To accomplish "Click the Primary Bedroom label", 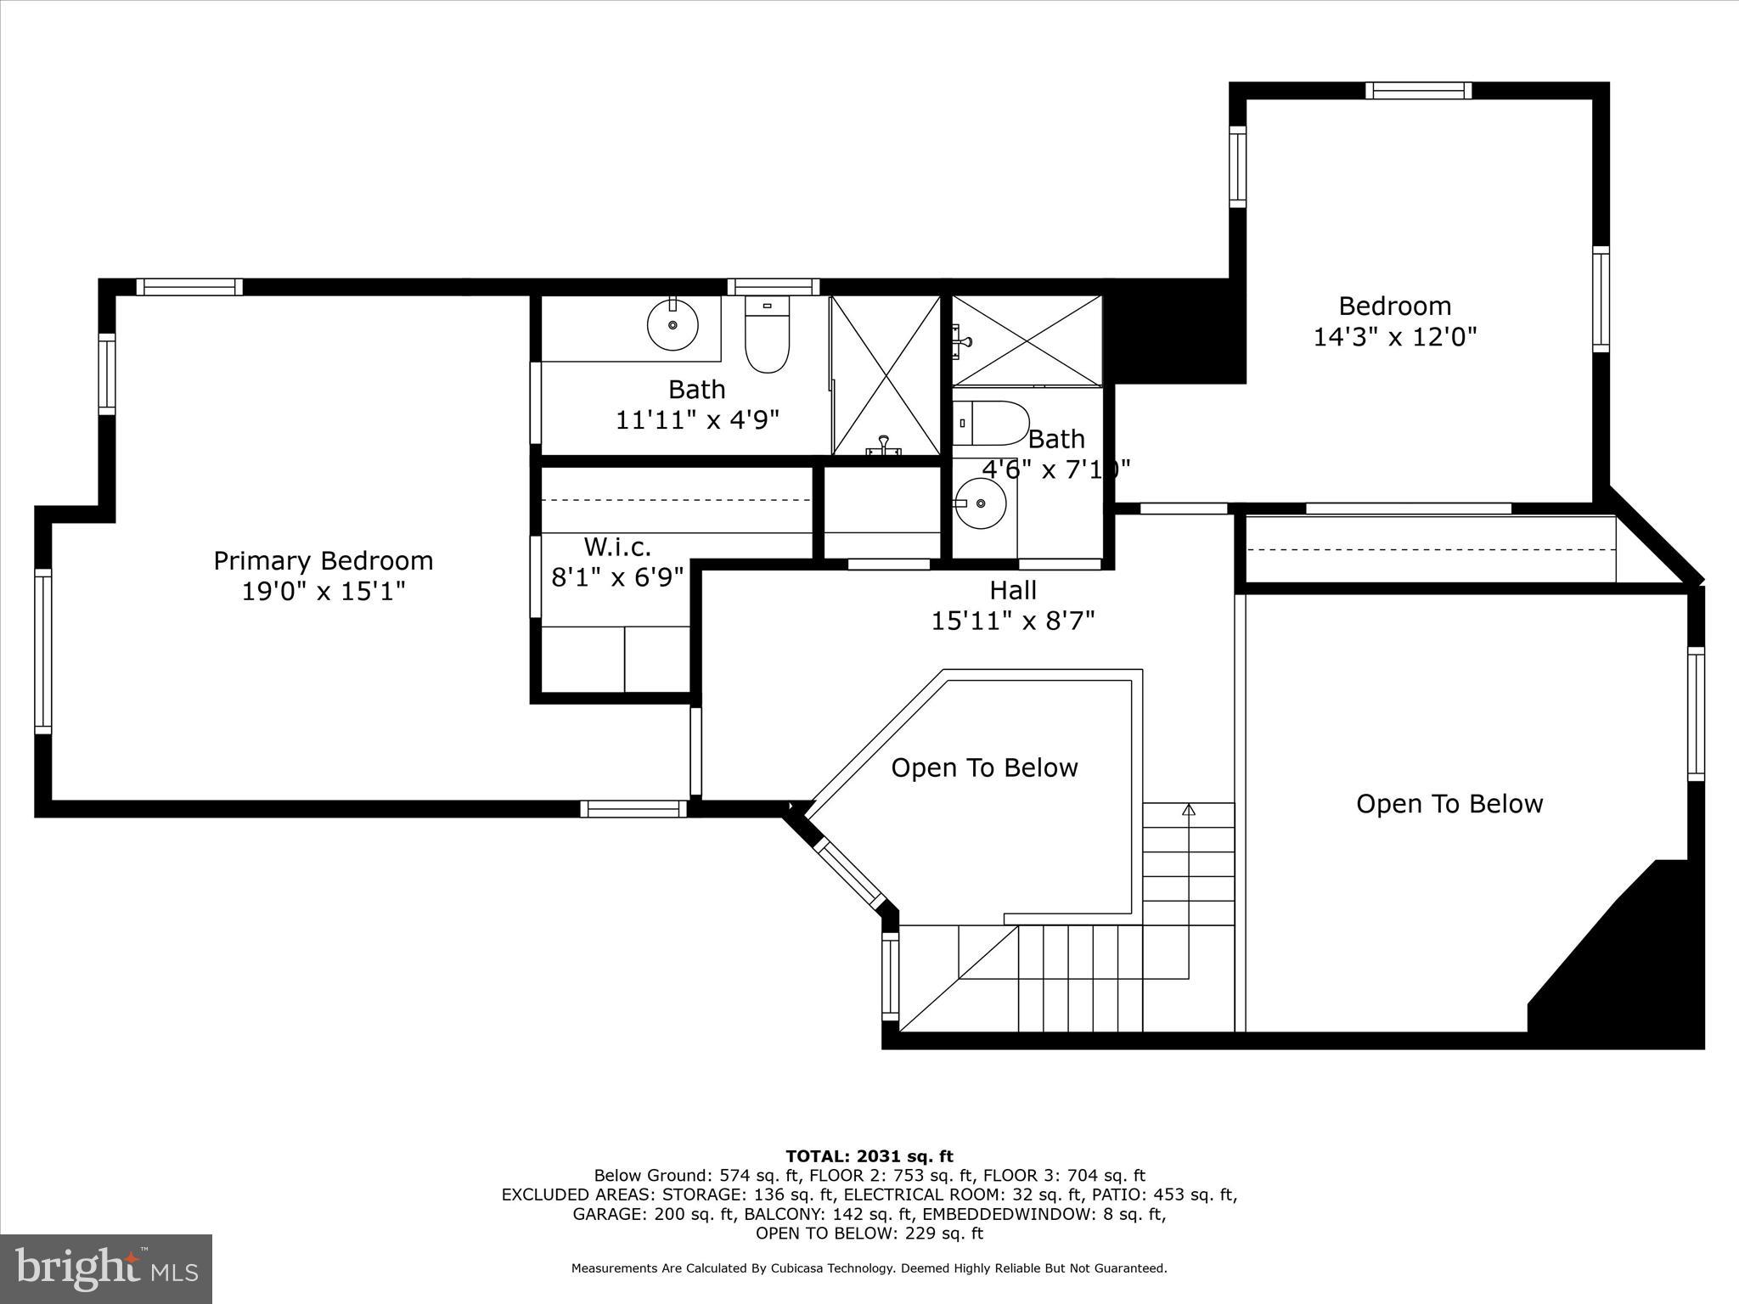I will (323, 561).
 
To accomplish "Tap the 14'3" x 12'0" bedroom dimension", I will (1394, 338).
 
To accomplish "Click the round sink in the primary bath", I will (673, 324).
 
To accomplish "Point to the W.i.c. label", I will (616, 547).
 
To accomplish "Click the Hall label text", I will (1012, 590).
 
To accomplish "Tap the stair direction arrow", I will (1188, 811).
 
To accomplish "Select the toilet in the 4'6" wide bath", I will (991, 423).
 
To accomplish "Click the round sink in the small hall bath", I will (982, 503).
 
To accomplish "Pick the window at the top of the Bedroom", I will (1418, 91).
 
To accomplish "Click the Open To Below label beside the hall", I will (984, 768).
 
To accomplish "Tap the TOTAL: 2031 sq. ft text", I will (869, 1156).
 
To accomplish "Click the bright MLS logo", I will (106, 1268).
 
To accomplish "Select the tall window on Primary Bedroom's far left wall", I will (43, 650).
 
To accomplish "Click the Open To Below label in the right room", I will (1449, 804).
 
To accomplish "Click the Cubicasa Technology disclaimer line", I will (869, 1268).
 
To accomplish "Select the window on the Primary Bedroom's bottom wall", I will (633, 809).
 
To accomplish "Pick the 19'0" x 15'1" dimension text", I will (323, 592).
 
